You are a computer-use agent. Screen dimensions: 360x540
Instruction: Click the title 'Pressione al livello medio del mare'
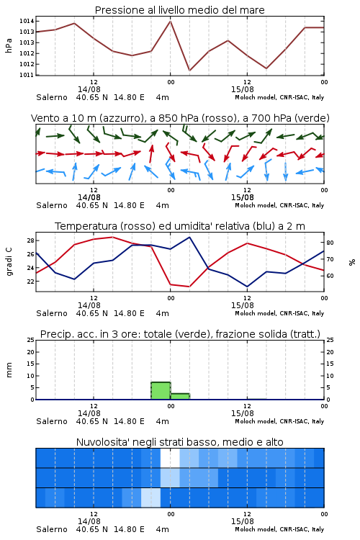pos(179,10)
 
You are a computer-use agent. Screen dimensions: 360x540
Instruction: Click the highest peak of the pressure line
pos(170,21)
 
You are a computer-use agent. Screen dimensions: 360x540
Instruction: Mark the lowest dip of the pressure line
pos(189,71)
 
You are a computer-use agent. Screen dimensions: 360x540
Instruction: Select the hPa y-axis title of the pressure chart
pos(9,46)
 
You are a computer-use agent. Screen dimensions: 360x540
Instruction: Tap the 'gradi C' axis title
pos(9,261)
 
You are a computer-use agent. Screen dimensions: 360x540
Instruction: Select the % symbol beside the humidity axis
pos(352,262)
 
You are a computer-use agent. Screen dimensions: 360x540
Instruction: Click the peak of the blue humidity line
pos(189,237)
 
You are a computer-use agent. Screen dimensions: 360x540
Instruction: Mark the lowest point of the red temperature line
pos(189,287)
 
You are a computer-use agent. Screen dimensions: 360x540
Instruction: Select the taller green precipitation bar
pos(161,391)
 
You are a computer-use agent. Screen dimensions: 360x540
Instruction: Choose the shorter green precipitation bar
pos(180,397)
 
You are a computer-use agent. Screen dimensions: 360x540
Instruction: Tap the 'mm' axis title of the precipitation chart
pos(9,370)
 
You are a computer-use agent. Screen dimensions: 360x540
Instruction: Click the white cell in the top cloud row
pos(170,458)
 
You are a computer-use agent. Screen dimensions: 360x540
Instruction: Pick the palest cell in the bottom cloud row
pos(151,498)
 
